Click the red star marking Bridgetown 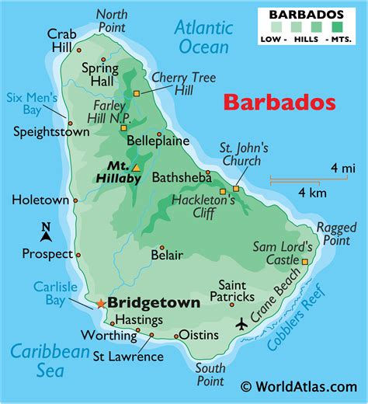99,303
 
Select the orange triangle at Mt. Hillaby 136,167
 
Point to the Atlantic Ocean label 203,37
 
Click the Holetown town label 40,200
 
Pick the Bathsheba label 182,176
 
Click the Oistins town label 204,336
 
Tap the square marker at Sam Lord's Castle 304,262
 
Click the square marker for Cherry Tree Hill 137,93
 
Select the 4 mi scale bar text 342,167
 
